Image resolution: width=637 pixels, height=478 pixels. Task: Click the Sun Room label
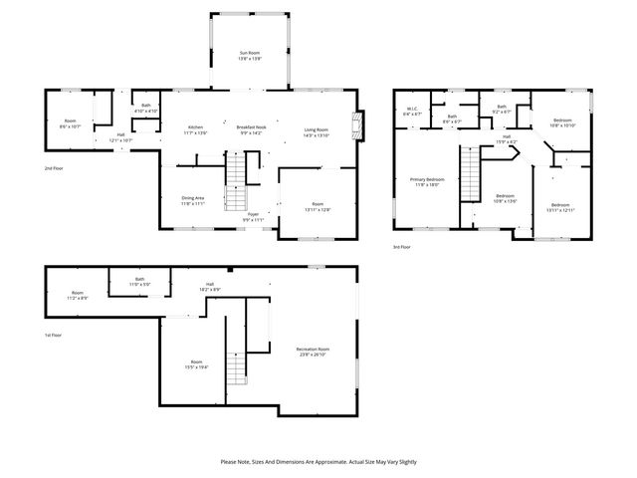(249, 56)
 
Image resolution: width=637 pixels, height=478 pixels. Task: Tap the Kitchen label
(196, 129)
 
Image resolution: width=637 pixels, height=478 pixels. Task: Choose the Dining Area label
(193, 200)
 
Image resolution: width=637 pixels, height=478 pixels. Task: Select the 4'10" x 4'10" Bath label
(145, 109)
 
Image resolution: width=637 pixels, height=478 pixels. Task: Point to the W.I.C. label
(412, 112)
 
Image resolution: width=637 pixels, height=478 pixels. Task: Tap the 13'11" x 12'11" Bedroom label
(558, 207)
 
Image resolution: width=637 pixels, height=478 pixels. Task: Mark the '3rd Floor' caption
(401, 246)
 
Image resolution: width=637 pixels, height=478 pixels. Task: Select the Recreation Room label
(313, 351)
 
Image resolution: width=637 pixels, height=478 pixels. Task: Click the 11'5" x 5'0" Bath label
(139, 283)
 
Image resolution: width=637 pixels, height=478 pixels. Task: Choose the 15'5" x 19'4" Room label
(197, 364)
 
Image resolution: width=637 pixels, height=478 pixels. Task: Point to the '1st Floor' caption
(55, 336)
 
